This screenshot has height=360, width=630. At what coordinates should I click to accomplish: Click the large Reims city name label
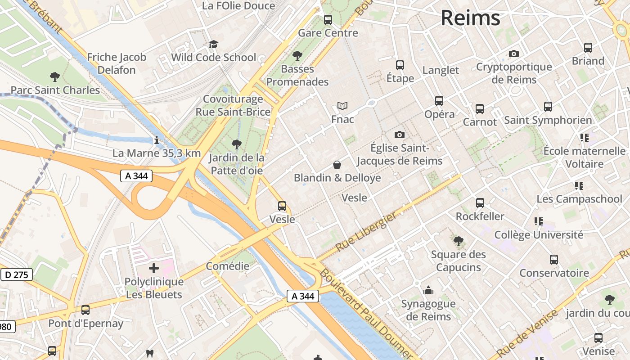(470, 18)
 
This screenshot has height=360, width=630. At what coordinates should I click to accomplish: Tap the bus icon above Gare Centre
(328, 20)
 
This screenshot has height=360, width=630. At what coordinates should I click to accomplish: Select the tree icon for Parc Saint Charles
(55, 77)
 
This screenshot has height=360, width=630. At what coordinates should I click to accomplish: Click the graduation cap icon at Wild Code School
(213, 44)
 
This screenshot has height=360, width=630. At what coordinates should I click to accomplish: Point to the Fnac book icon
(342, 106)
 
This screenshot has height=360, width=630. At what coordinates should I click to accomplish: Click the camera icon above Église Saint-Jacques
(399, 135)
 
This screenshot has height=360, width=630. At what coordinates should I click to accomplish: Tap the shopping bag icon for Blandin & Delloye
(337, 165)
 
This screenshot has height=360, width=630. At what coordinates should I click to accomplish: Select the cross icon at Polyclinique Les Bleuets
(154, 269)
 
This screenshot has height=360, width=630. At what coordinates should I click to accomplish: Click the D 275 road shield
(17, 274)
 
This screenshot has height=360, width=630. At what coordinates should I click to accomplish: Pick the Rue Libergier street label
(367, 232)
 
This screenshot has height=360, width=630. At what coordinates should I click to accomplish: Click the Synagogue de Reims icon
(428, 290)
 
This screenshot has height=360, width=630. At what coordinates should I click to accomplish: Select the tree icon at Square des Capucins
(459, 241)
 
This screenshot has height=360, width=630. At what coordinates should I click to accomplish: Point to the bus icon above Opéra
(439, 101)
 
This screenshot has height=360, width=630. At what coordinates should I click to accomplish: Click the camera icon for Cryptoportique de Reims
(513, 54)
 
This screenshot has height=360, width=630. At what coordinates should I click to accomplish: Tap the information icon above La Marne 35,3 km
(157, 140)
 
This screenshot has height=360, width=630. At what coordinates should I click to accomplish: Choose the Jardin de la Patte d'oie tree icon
(236, 144)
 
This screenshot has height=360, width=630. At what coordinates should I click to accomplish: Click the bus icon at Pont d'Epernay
(85, 310)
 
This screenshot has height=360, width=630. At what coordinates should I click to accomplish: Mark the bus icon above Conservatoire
(554, 260)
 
